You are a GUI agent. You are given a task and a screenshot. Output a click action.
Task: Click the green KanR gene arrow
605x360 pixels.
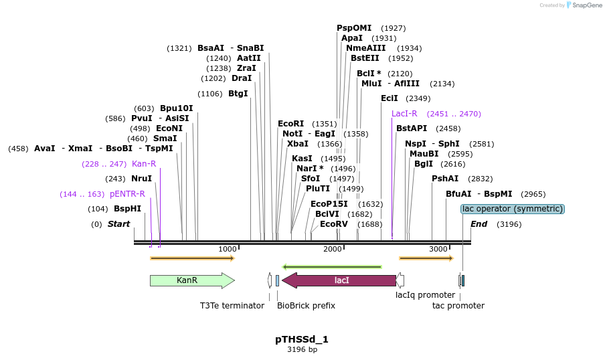(x=191, y=280)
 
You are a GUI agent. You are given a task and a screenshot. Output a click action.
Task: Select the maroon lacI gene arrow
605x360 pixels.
(x=341, y=280)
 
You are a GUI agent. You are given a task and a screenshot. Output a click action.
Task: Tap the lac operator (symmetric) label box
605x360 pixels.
(x=513, y=209)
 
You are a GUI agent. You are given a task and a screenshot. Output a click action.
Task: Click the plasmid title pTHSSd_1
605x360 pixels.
(x=302, y=339)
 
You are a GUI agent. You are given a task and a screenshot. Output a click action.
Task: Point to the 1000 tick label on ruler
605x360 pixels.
(x=228, y=249)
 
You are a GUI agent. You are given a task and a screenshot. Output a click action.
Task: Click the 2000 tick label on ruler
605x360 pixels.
(x=333, y=249)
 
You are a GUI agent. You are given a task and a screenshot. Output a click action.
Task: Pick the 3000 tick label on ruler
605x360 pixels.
(x=438, y=249)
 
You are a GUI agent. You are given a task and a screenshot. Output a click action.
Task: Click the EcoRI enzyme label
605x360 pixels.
(x=290, y=124)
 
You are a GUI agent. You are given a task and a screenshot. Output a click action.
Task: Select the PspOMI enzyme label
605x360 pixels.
(x=353, y=28)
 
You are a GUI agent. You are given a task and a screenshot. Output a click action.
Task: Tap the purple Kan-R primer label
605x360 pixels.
(x=144, y=164)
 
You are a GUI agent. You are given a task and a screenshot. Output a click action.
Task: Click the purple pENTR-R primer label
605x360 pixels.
(x=127, y=194)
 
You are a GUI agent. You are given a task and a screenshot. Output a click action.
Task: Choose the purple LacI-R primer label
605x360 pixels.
(x=404, y=114)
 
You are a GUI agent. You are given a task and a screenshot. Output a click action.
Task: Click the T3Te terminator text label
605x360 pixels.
(x=232, y=306)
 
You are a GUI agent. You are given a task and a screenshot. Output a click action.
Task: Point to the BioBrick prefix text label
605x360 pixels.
(x=306, y=306)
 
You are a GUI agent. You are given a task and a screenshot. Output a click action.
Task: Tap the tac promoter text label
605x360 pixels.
(x=458, y=306)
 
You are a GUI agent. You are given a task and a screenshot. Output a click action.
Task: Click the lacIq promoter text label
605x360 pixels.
(x=425, y=295)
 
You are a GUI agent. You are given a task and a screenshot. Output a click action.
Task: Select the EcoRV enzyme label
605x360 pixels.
(x=333, y=224)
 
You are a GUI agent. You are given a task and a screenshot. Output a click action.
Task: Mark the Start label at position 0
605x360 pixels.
(x=118, y=224)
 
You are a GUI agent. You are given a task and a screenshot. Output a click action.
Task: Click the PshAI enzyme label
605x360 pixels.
(x=445, y=179)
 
